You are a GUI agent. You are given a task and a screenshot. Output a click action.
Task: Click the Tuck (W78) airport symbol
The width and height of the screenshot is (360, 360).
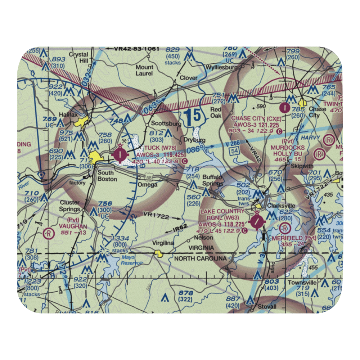coord(120,155)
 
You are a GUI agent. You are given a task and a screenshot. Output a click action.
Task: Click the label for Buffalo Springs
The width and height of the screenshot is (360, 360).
coord(212,180)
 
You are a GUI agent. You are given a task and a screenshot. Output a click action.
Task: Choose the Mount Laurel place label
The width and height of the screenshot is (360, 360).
coord(144,70)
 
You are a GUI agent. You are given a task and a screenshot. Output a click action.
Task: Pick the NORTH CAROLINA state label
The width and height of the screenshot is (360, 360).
coord(201,258)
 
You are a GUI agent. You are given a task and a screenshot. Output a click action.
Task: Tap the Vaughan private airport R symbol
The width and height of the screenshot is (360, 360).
coord(48,233)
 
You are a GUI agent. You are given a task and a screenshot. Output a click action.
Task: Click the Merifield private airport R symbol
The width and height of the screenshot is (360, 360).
coord(285,228)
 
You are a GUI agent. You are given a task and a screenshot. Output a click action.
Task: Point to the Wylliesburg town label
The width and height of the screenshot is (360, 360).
coord(221,67)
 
